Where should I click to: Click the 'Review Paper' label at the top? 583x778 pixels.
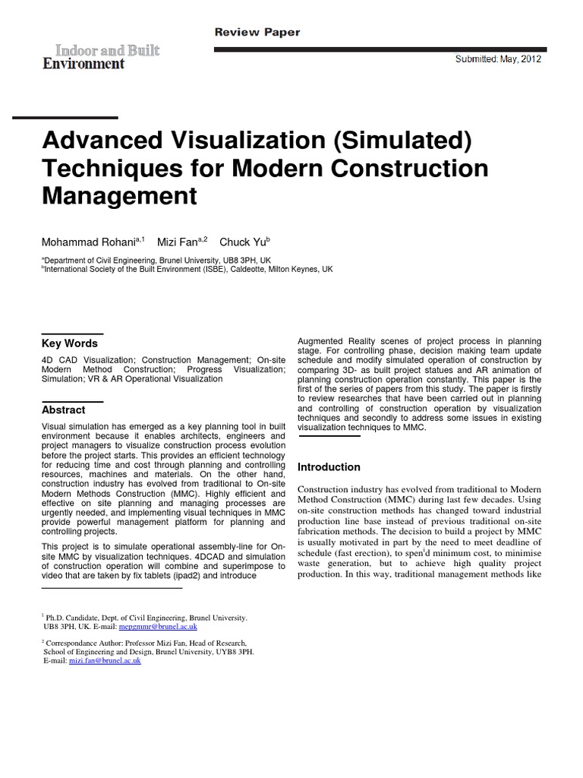pos(257,33)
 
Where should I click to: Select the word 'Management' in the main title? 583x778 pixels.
pos(118,197)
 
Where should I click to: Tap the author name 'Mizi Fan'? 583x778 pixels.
pos(176,242)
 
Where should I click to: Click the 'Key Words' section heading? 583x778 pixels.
pos(70,343)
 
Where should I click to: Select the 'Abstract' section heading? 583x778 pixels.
pos(64,410)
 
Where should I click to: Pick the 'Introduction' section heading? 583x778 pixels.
pos(329,467)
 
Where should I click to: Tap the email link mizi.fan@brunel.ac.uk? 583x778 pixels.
pos(105,661)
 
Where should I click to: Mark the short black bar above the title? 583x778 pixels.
pos(65,118)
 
